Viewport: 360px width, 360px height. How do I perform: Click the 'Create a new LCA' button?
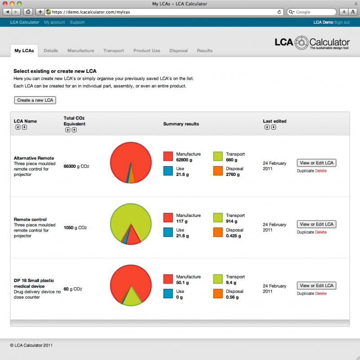click(35, 100)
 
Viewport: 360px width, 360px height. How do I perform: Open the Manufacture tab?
click(81, 51)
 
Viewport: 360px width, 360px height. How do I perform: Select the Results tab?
click(204, 51)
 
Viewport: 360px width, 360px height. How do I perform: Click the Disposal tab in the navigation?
click(178, 51)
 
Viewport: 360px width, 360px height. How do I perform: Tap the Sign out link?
click(342, 22)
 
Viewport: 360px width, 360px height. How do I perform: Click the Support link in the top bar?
click(77, 22)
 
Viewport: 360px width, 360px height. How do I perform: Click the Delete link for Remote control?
click(321, 232)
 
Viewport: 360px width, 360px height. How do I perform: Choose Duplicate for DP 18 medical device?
click(305, 293)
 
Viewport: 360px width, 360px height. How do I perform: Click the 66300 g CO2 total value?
click(76, 166)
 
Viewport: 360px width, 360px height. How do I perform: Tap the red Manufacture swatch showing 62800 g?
click(168, 156)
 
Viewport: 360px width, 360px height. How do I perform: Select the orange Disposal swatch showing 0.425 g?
click(218, 232)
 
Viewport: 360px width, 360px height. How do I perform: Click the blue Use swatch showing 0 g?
click(168, 293)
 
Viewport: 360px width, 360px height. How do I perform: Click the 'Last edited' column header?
click(274, 121)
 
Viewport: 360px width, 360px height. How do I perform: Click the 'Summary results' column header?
click(181, 124)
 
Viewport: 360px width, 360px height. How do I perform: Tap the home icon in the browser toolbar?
click(29, 12)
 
